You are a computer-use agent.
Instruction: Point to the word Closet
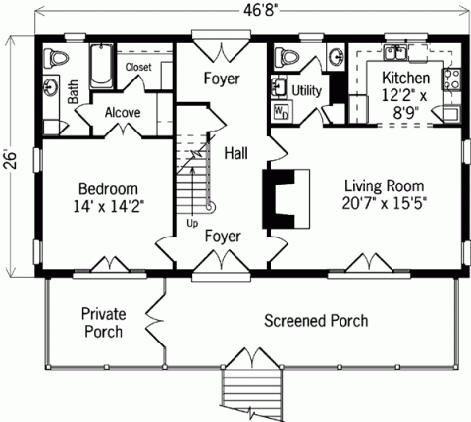(139, 67)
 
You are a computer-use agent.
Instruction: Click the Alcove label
(123, 112)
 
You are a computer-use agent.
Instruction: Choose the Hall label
(235, 153)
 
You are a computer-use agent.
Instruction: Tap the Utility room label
(305, 90)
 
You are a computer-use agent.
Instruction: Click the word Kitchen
(405, 79)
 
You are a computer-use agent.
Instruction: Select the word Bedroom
(108, 188)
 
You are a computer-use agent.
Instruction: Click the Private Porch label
(102, 322)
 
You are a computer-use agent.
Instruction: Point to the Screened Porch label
(316, 321)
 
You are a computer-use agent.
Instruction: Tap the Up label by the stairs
(192, 223)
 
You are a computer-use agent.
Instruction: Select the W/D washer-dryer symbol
(280, 110)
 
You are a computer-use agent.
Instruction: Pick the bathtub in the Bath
(101, 66)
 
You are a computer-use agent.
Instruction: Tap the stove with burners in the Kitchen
(452, 79)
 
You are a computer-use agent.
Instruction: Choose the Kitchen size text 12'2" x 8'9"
(404, 105)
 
